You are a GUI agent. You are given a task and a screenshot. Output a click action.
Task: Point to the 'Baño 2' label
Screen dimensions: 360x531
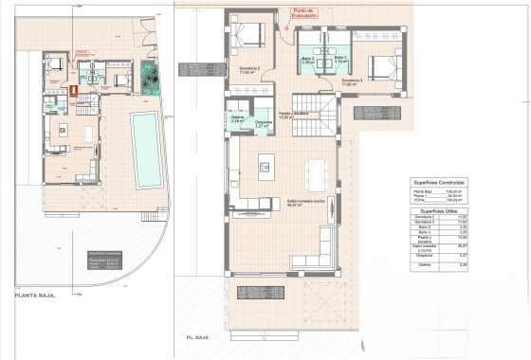[307, 60]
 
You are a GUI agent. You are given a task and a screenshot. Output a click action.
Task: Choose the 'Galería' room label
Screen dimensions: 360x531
[238, 119]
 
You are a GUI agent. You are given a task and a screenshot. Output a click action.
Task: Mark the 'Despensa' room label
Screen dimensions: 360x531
[264, 123]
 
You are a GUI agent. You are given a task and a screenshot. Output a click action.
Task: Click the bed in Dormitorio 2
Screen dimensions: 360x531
[251, 37]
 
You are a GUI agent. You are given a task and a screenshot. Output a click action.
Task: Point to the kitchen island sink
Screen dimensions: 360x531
[265, 169]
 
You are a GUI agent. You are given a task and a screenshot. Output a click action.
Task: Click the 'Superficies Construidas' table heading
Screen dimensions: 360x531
[437, 182]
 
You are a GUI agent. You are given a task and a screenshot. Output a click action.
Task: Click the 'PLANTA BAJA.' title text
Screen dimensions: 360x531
[35, 296]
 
